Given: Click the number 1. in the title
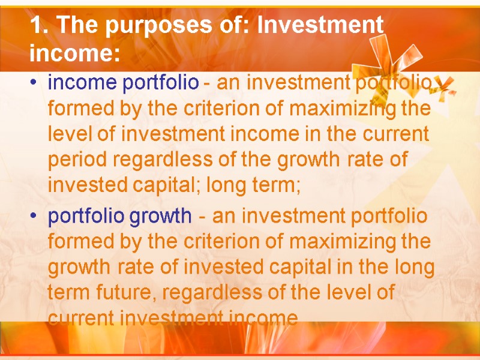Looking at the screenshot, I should tap(38, 26).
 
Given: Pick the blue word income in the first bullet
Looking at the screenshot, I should tap(82, 83).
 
